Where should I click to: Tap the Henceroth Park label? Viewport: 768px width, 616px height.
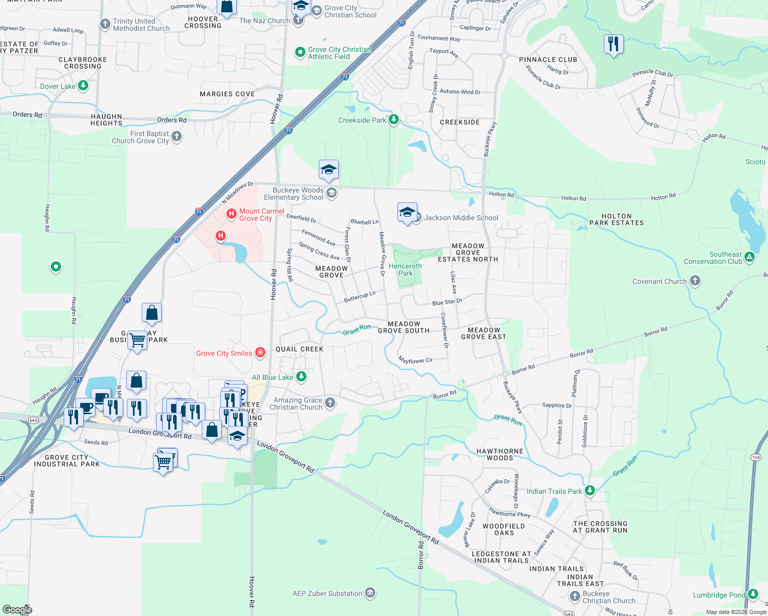(405, 269)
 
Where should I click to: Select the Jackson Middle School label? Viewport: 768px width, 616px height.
(461, 218)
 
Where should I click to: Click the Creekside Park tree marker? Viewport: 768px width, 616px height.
(394, 120)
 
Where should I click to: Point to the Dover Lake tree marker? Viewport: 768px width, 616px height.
(83, 86)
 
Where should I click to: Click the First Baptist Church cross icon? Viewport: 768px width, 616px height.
(177, 137)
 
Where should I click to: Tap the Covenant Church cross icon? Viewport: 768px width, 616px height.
(695, 281)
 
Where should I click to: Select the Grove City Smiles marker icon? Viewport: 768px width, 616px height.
(260, 353)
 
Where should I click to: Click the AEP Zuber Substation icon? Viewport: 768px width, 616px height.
(370, 593)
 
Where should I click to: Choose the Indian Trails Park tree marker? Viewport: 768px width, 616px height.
(590, 491)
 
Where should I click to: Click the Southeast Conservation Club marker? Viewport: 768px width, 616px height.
(750, 257)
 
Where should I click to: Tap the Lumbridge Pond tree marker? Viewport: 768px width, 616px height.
(753, 594)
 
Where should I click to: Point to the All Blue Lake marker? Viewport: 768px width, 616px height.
(301, 377)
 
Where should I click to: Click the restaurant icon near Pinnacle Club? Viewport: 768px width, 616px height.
(613, 44)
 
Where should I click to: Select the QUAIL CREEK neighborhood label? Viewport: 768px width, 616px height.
(299, 349)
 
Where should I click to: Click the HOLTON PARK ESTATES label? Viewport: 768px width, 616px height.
(616, 220)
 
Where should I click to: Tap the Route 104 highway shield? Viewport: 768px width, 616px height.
(756, 457)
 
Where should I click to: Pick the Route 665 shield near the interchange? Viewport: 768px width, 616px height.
(34, 420)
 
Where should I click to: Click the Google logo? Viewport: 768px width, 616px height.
(17, 609)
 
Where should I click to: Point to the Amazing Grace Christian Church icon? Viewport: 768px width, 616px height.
(330, 403)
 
